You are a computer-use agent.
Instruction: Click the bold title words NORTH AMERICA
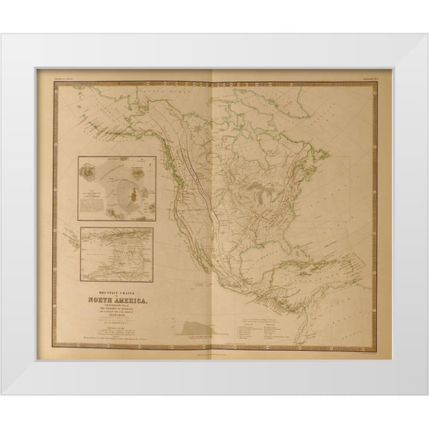(x=113, y=281)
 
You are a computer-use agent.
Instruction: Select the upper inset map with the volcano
(x=117, y=188)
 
